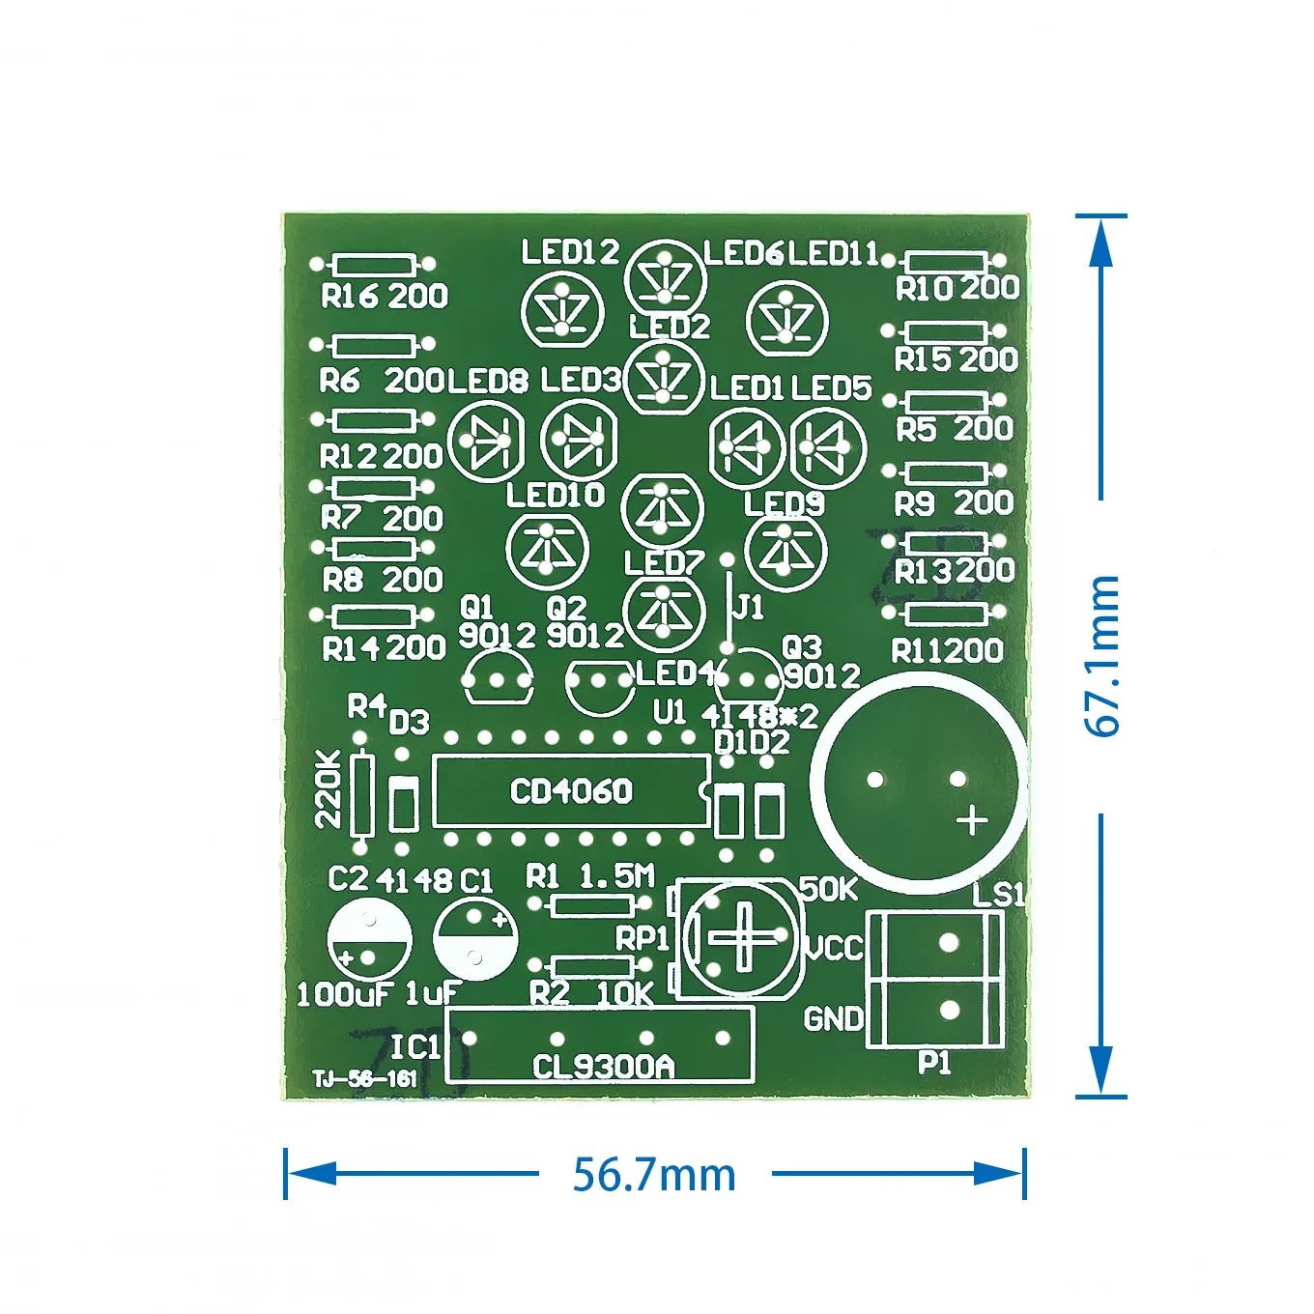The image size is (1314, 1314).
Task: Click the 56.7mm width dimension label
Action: click(654, 1175)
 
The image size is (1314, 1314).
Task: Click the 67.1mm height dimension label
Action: click(1102, 656)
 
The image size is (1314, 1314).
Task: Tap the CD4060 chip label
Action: click(570, 792)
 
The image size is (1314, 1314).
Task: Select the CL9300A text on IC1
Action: click(603, 1066)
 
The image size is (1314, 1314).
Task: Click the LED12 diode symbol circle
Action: click(562, 312)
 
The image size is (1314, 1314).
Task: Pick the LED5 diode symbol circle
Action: click(828, 445)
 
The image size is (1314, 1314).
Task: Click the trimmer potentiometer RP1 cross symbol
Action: click(741, 936)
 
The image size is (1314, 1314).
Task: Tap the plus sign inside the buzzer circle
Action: click(971, 820)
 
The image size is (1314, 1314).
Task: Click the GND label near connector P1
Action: click(833, 1018)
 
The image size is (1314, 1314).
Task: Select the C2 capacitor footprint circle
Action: click(369, 939)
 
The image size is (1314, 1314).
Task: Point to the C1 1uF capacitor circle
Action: click(474, 937)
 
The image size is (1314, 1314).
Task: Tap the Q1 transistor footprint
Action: click(498, 678)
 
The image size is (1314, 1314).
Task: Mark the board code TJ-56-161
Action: click(364, 1079)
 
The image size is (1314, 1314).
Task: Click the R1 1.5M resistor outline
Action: click(590, 904)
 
